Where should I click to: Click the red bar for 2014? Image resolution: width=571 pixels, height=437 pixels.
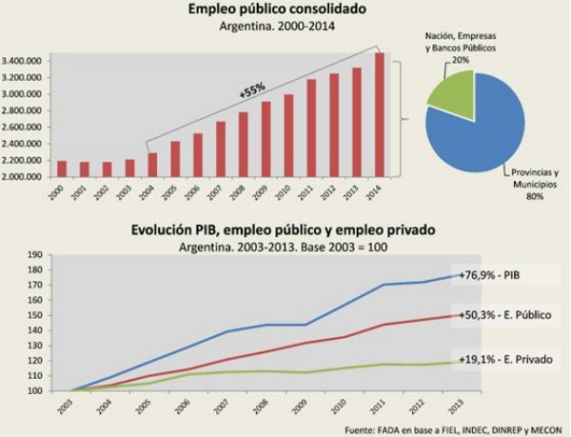pos(380,115)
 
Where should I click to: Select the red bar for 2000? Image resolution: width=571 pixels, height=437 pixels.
pos(62,169)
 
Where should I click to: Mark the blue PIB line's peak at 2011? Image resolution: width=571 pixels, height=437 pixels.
pos(384,285)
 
